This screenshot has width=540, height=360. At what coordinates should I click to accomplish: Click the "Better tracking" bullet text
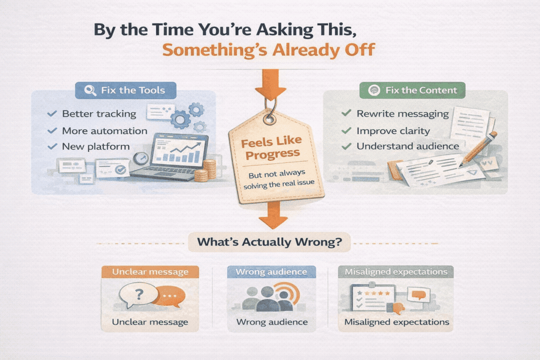99,113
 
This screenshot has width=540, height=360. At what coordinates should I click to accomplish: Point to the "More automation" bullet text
104,130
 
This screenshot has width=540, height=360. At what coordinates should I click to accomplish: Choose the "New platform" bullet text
95,146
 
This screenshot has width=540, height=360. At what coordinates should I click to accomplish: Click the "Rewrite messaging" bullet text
402,113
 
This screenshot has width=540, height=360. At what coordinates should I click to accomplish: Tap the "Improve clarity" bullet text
393,130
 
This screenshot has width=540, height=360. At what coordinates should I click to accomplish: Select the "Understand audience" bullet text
408,146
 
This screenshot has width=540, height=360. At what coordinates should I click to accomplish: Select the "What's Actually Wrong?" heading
269,242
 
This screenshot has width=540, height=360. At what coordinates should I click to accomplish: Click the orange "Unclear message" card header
150,272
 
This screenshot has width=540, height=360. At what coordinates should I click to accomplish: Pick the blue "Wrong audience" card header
271,272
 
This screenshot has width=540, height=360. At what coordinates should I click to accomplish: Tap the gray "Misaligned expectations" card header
396,272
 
